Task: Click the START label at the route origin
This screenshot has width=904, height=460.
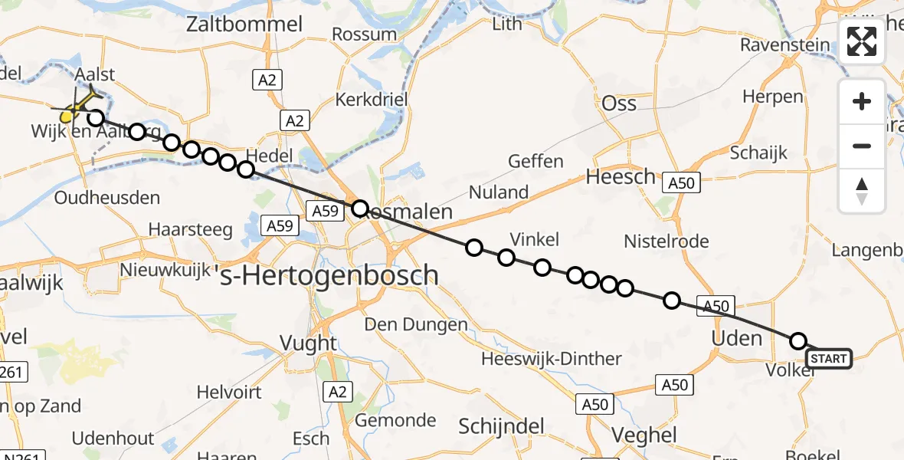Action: [828, 359]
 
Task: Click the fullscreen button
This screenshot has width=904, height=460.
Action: [862, 41]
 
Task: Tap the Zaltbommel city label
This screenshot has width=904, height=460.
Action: [244, 25]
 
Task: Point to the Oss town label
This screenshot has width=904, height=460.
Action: [619, 103]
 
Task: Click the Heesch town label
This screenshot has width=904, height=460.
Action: [621, 177]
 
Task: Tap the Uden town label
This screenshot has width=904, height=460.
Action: [737, 338]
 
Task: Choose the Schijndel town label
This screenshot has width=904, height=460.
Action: [501, 427]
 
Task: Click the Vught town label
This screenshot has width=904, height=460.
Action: [308, 343]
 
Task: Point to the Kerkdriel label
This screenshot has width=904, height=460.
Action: [371, 100]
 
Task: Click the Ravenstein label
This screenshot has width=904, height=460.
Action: [784, 44]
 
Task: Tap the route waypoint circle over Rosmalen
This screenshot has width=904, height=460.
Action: [360, 208]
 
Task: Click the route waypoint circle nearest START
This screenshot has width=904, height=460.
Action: [798, 341]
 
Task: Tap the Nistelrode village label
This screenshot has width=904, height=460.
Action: [666, 242]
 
